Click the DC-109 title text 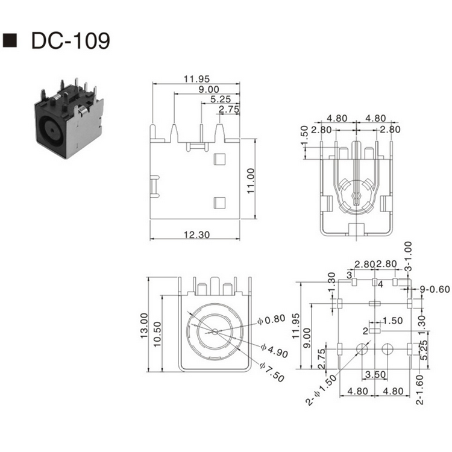point(70,41)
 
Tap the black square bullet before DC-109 point(10,40)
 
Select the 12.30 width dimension point(196,235)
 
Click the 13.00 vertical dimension point(143,325)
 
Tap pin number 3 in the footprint point(349,275)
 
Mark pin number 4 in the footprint point(381,284)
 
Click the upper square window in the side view point(219,159)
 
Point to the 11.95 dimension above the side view point(196,78)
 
